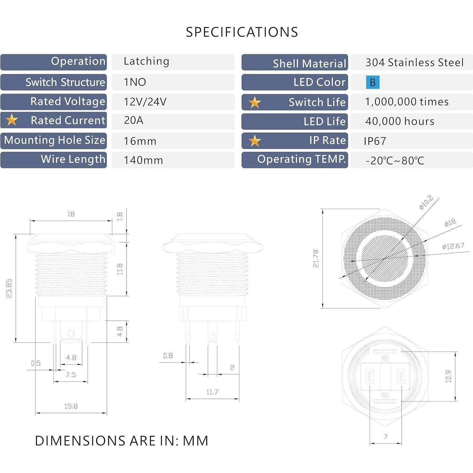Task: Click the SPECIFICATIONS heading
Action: [242, 32]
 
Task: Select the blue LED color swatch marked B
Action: [373, 82]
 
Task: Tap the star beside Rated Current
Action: [12, 120]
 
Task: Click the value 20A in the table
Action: [133, 120]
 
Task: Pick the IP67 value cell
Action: [375, 141]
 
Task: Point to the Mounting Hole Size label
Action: [54, 140]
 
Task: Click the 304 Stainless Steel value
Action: [414, 62]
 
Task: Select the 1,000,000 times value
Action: [406, 102]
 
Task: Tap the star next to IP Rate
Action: [255, 141]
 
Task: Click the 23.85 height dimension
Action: [9, 288]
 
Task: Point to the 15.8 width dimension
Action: [71, 406]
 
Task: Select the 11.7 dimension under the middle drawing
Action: [212, 392]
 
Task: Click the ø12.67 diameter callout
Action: [453, 246]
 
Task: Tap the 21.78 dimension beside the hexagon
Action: [316, 258]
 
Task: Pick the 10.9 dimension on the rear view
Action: [448, 376]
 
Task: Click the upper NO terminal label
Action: [385, 358]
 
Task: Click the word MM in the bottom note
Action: [195, 441]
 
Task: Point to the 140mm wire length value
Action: [143, 160]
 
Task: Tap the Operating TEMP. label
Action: [301, 159]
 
